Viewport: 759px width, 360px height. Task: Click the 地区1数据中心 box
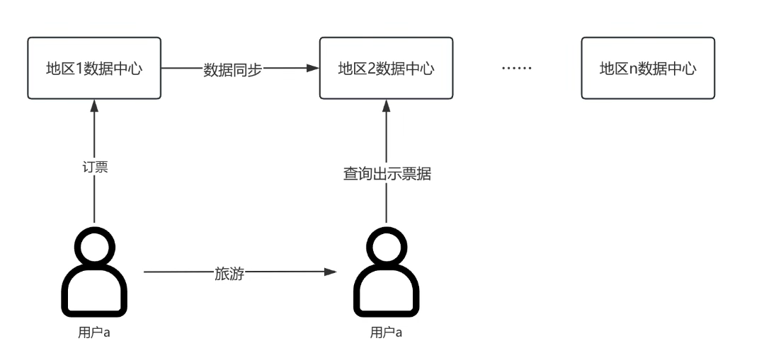click(95, 69)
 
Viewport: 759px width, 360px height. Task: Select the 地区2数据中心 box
click(386, 69)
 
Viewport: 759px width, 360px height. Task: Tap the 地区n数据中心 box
click(648, 69)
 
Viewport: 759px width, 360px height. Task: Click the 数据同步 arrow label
click(232, 70)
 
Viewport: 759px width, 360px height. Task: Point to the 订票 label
click(95, 168)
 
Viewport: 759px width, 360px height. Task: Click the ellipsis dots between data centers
click(515, 69)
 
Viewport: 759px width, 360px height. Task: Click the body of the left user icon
click(94, 294)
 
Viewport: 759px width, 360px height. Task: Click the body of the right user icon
click(387, 294)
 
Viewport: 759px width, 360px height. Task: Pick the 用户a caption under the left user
click(95, 332)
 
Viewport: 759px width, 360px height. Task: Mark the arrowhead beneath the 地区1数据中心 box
click(94, 105)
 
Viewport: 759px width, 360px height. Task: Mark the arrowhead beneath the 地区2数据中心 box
click(387, 105)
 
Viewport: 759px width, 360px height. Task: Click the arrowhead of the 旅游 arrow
click(330, 272)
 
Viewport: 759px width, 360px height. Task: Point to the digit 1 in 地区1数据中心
click(79, 69)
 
